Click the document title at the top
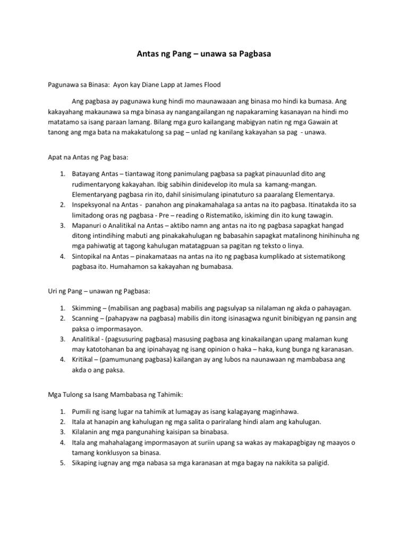203,54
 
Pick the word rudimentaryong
99,184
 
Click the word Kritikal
83,360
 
